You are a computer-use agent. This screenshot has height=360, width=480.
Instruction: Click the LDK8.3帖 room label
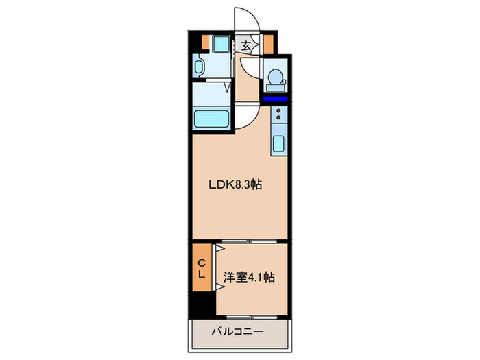click(235, 184)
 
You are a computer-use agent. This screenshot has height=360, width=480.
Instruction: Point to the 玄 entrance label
click(245, 46)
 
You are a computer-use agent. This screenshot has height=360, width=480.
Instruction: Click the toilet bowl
click(275, 79)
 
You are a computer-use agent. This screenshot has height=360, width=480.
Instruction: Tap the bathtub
click(213, 119)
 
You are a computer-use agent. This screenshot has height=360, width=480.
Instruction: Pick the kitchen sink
click(279, 145)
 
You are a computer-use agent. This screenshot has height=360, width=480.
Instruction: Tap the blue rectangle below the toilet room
click(276, 100)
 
